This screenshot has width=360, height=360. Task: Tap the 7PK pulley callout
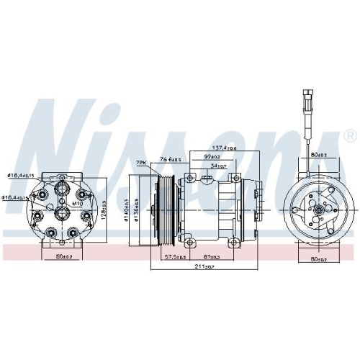142,163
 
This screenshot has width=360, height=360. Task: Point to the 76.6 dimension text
169,160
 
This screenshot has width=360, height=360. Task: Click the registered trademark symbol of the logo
349,135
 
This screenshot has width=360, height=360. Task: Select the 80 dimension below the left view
63,256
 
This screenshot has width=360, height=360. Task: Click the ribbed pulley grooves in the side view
163,209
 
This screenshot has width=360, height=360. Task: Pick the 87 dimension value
213,256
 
